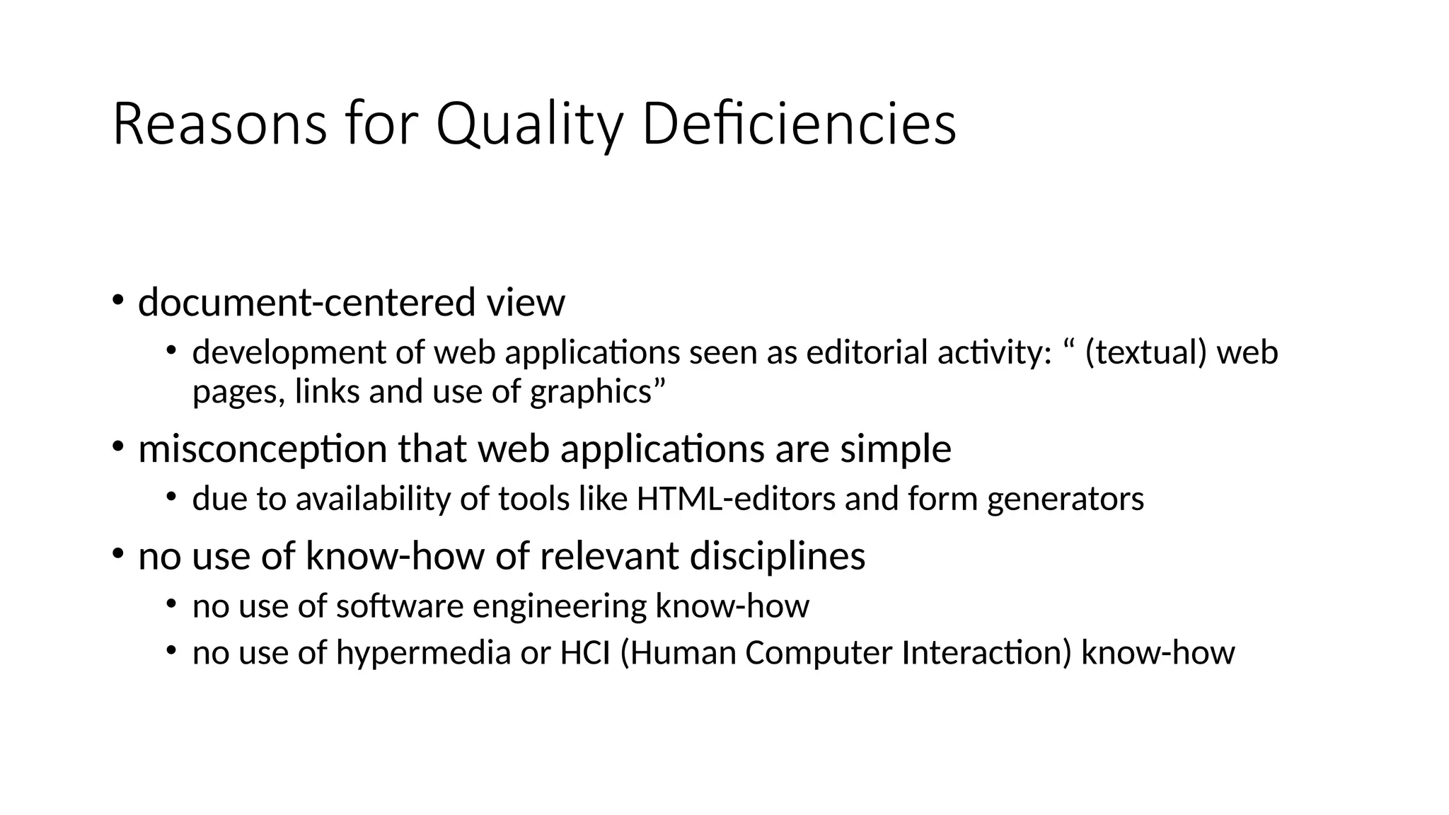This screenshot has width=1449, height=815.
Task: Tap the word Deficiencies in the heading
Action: pyautogui.click(x=799, y=125)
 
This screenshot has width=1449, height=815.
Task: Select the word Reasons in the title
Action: pyautogui.click(x=219, y=125)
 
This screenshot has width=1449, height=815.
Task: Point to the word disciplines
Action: pyautogui.click(x=777, y=556)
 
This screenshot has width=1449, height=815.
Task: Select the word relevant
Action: pyautogui.click(x=609, y=556)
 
